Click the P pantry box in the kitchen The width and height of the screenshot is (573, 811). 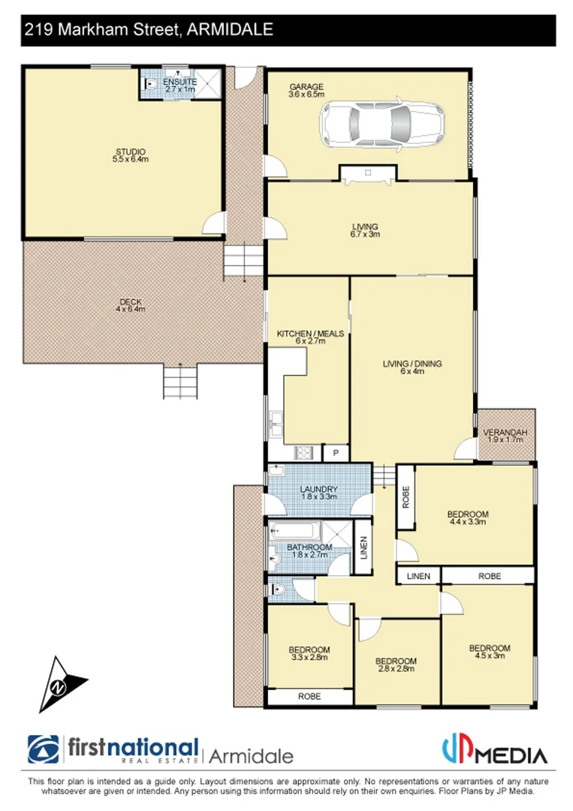click(335, 453)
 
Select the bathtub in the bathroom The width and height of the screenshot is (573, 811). click(296, 531)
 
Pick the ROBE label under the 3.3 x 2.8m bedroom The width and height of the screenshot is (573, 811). click(309, 696)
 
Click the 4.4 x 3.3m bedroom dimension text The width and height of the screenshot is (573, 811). click(469, 521)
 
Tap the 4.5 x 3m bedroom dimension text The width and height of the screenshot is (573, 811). click(489, 656)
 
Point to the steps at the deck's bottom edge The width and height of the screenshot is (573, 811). click(180, 381)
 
